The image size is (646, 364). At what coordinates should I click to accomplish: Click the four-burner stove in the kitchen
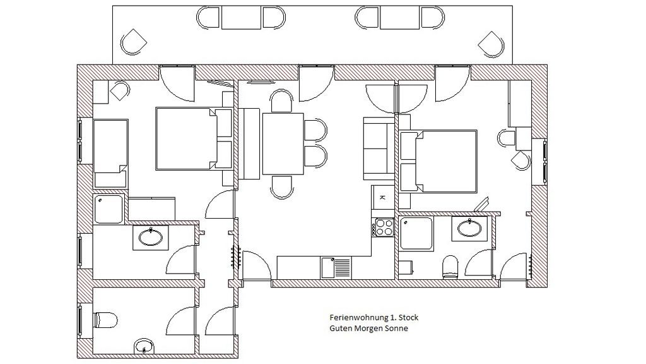coord(383,227)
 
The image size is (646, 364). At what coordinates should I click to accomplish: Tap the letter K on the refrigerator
coord(382,198)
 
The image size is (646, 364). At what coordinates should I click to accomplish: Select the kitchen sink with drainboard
coord(336,267)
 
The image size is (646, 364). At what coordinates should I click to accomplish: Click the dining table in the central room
coord(283,144)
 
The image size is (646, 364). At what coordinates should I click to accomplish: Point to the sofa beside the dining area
coord(379,149)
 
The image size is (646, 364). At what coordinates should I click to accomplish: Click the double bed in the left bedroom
coord(194,138)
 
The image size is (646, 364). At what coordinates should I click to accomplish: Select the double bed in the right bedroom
coord(438,161)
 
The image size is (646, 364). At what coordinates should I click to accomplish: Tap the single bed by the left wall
coord(110,154)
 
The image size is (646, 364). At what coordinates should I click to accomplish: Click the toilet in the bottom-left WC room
coord(105,320)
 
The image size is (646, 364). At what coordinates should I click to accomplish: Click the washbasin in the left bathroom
coord(150,238)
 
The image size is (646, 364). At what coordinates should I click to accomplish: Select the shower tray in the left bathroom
coord(109,209)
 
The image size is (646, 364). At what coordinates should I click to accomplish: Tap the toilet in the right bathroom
coord(450,267)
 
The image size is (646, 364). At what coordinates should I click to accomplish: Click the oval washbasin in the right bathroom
coord(469,228)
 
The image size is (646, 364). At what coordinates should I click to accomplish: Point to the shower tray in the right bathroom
coord(416,233)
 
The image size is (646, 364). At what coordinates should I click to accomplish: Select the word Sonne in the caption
coord(396,329)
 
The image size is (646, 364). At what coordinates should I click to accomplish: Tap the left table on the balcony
coord(241,17)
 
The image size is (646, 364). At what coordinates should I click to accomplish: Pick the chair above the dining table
coord(282,101)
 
